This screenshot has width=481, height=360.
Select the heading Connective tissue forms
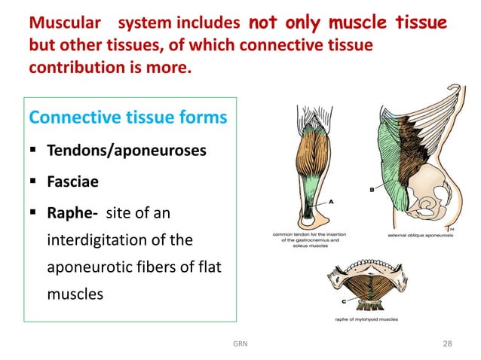point(127,118)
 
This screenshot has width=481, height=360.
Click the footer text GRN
point(240,344)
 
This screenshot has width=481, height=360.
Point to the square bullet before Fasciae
point(35,183)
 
